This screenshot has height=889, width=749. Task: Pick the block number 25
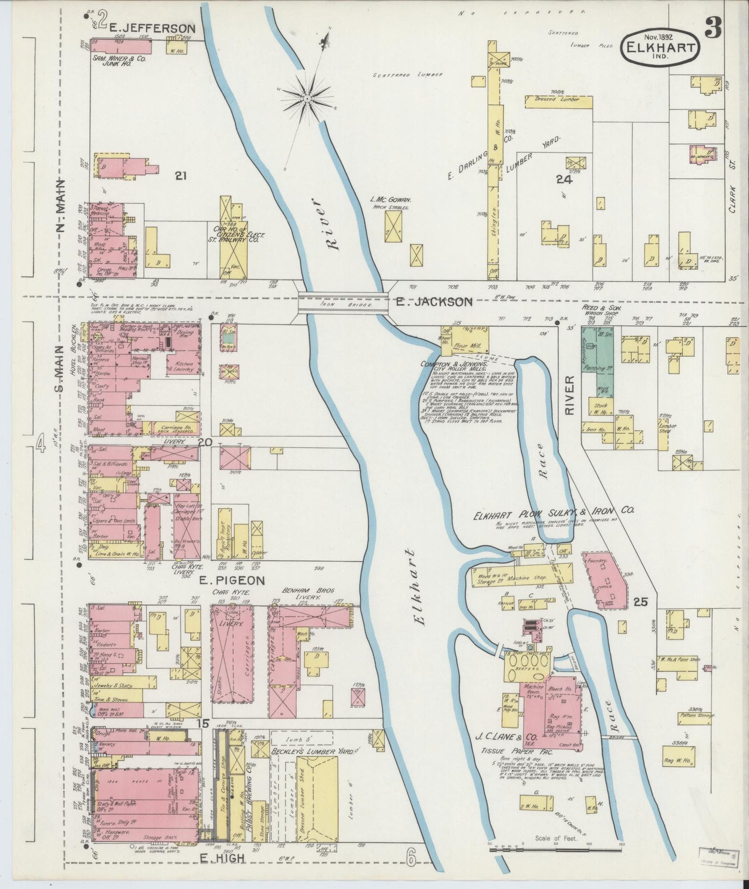(640, 602)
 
